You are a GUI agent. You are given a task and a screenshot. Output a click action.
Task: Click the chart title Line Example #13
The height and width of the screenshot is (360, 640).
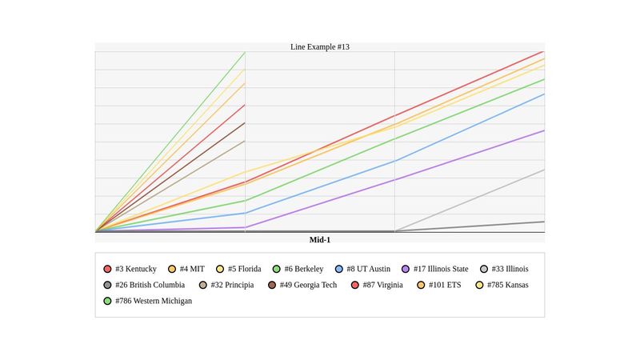(319, 46)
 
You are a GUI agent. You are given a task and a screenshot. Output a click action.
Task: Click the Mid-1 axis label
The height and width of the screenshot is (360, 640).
(319, 240)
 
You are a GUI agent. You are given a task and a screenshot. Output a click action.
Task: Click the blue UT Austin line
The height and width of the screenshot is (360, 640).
(320, 187)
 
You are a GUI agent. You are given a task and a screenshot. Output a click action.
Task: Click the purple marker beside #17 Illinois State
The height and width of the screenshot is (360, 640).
(406, 269)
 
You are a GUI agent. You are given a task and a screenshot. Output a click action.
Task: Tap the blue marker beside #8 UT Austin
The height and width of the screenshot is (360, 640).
(340, 269)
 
